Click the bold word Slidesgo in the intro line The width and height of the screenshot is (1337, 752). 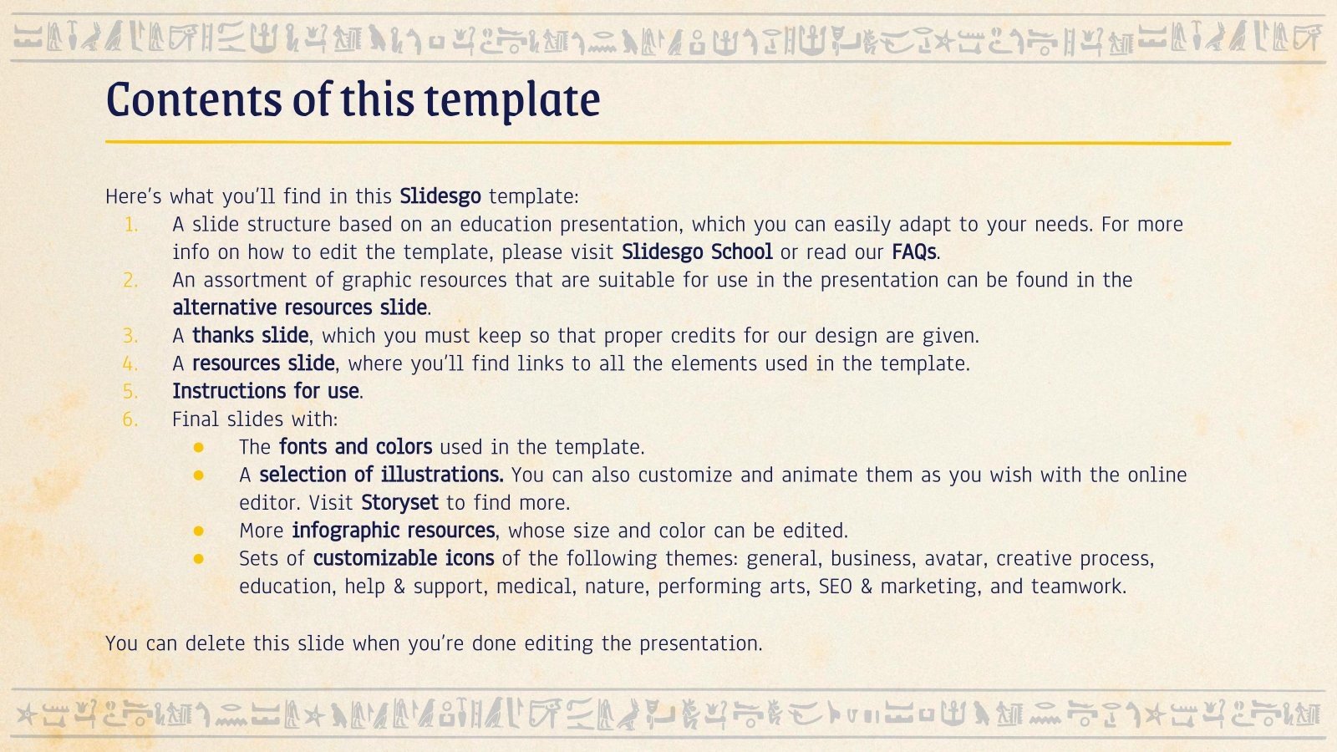440,196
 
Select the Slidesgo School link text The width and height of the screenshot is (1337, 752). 697,252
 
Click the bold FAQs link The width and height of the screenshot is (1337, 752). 914,252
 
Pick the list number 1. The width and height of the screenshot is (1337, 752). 131,225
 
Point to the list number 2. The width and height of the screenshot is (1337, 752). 131,281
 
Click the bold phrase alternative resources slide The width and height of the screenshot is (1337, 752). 300,307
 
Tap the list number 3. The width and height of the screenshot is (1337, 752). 131,336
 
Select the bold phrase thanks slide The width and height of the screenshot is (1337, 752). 251,336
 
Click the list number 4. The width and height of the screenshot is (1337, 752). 131,363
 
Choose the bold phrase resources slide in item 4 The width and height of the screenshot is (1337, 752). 264,363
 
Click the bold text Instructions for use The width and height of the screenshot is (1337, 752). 267,391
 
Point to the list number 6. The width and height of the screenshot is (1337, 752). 131,419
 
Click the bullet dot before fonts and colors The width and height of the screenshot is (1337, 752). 198,448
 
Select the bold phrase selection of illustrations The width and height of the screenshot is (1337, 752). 381,475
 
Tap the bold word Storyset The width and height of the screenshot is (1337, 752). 399,503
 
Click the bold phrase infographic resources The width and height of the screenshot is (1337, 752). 394,531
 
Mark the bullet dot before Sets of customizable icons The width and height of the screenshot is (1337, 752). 198,559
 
